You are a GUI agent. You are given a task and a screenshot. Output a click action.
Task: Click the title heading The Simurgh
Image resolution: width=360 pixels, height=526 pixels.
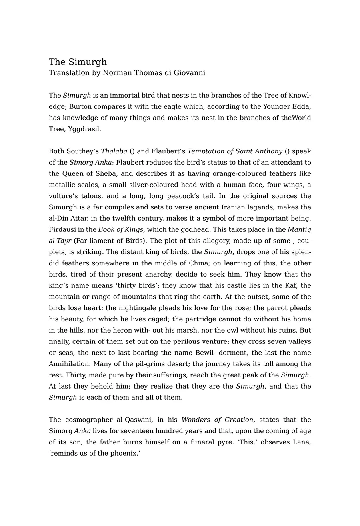click(78, 62)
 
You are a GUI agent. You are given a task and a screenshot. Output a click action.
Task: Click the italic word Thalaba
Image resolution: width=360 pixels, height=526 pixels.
click(114, 151)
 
